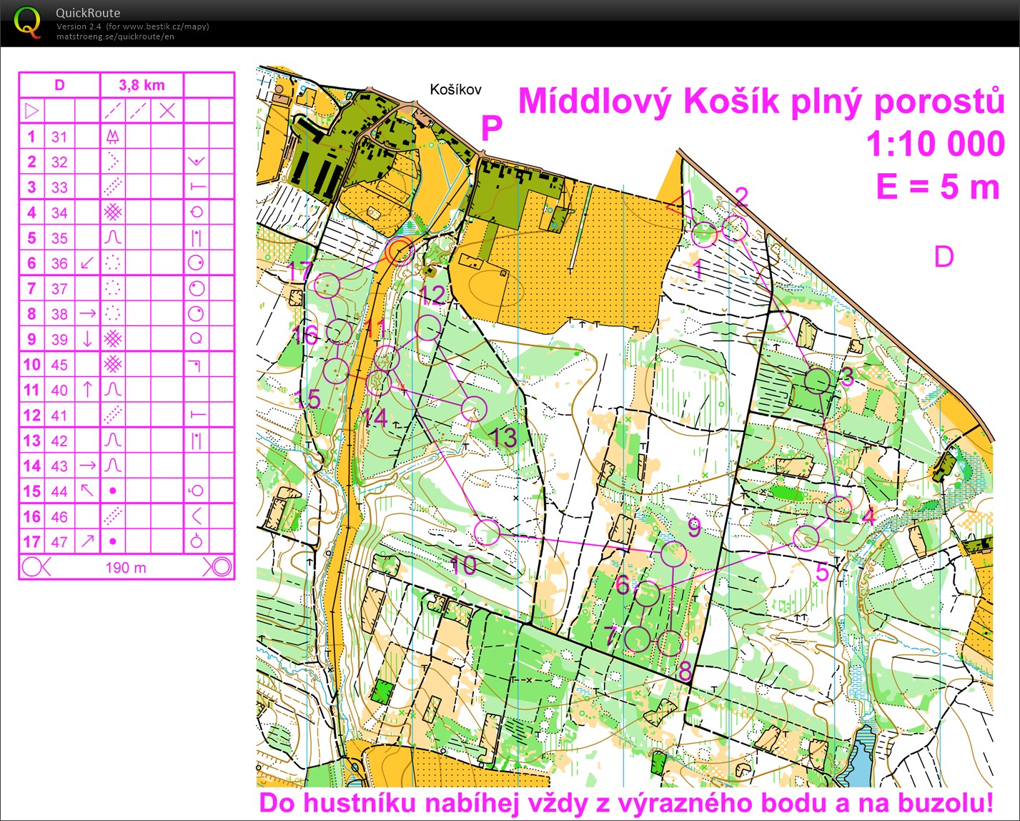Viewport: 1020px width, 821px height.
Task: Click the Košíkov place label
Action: coord(455,89)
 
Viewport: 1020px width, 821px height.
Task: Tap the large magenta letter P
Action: coord(491,129)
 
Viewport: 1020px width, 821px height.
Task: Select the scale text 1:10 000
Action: coord(935,144)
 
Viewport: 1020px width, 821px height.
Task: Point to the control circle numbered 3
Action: coord(818,380)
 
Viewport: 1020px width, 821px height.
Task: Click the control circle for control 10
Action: coord(487,532)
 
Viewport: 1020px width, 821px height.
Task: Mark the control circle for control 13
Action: coord(473,408)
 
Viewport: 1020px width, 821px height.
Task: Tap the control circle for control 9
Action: coord(673,554)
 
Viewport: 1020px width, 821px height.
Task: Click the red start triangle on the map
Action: coord(680,203)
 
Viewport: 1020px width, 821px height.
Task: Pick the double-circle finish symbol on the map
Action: coord(400,252)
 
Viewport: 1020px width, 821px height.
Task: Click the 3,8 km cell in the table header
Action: coord(142,85)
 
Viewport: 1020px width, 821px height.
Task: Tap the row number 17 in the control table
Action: coord(31,541)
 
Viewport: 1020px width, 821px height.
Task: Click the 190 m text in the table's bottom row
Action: coord(126,568)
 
